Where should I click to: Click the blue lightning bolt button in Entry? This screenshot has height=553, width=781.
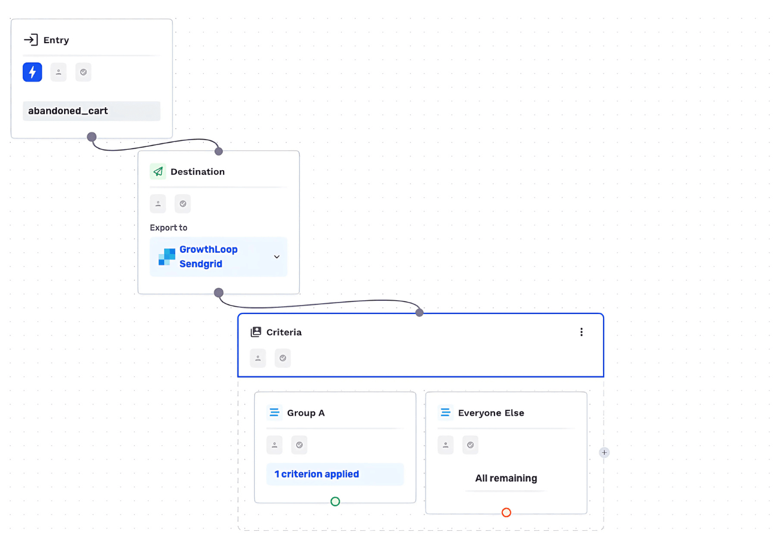point(32,72)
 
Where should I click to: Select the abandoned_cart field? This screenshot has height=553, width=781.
point(91,111)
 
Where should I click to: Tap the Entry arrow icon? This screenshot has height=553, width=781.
point(31,40)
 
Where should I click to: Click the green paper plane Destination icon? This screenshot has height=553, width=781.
point(158,171)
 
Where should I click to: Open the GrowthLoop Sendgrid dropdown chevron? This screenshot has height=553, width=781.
point(277,257)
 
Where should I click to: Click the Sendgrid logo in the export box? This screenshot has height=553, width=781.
point(167,257)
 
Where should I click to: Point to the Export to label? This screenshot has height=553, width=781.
point(168,228)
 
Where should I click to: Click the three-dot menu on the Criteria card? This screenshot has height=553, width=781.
point(581,332)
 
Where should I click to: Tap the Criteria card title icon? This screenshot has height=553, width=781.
point(256,332)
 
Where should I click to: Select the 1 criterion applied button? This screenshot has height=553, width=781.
point(335,474)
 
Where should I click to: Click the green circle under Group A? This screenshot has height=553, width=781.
point(335,501)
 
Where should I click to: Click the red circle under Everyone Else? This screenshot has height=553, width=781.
point(506,513)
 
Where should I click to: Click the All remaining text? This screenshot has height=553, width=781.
point(506,478)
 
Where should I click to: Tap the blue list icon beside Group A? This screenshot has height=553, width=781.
point(275,413)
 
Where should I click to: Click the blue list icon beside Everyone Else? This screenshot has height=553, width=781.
point(445,413)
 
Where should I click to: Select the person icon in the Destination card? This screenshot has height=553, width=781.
point(158,204)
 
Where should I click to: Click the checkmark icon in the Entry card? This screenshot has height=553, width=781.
point(83,72)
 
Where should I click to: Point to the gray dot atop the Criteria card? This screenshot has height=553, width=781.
point(420,313)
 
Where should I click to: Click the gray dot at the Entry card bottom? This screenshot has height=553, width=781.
point(92,137)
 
